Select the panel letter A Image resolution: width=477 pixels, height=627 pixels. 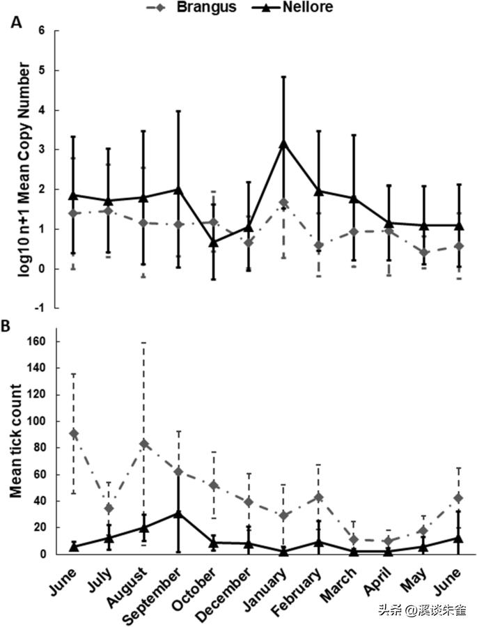click(15, 22)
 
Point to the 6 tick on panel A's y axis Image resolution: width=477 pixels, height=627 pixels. click(49, 31)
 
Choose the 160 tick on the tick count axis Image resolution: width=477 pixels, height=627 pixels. click(43, 341)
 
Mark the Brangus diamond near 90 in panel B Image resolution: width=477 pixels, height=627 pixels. click(74, 433)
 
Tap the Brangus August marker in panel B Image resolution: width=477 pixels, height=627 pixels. click(143, 444)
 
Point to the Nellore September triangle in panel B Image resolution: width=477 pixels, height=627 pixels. click(178, 513)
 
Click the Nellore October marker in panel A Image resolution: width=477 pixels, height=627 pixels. click(214, 242)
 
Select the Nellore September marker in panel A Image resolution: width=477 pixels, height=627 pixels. click(178, 189)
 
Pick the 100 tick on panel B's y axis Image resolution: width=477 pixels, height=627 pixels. click(43, 421)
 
